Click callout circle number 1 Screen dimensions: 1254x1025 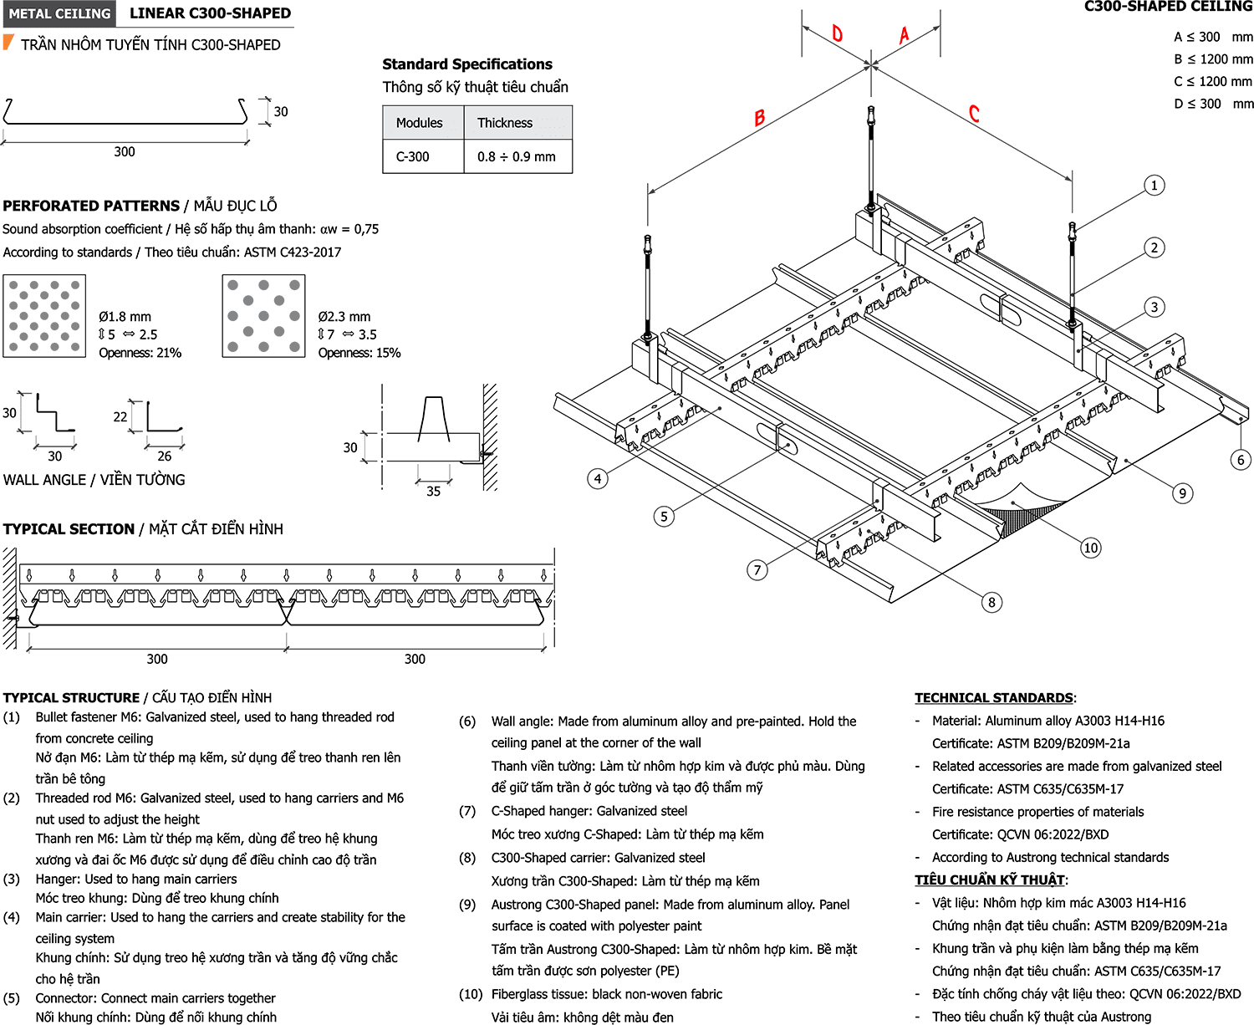[1154, 186]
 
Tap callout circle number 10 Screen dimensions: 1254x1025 [1090, 548]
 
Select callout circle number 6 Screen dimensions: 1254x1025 [1241, 460]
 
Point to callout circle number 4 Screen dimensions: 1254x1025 [598, 478]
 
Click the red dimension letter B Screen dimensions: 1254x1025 [759, 117]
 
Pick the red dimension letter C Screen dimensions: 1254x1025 [973, 113]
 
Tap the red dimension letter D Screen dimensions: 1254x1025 [837, 33]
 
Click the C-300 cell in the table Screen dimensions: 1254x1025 [413, 157]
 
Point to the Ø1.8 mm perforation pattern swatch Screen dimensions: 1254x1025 [44, 316]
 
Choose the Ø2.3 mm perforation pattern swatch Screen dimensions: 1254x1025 [263, 316]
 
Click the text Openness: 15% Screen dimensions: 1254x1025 [359, 353]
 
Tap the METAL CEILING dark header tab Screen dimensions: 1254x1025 [59, 13]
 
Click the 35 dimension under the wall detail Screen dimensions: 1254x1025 [433, 491]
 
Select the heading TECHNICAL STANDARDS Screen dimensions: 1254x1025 [994, 697]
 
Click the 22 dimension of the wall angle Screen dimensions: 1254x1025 [120, 417]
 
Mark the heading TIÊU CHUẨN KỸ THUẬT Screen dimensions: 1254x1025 [989, 880]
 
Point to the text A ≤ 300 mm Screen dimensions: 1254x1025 [1213, 37]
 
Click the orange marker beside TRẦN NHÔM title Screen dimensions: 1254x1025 [8, 42]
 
